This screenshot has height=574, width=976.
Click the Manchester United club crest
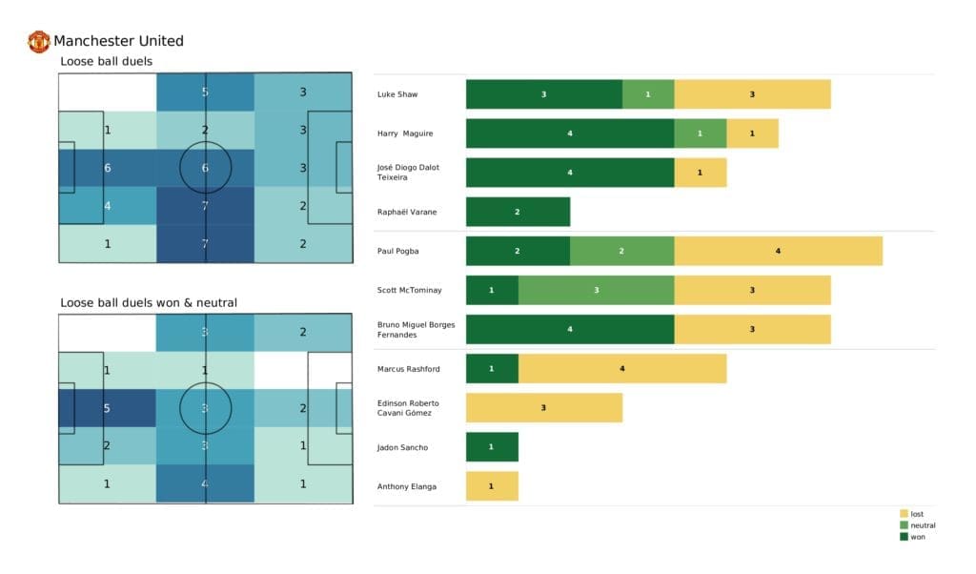(x=39, y=41)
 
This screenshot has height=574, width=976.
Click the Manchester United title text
(x=118, y=41)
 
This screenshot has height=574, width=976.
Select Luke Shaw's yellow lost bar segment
(x=752, y=94)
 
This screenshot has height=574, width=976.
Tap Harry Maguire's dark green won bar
(x=569, y=133)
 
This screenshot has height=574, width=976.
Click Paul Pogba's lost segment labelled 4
(x=778, y=251)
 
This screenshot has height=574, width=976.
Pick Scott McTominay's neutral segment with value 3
(x=596, y=290)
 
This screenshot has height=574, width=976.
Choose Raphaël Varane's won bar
(x=518, y=212)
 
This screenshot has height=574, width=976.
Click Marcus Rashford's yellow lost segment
(x=621, y=368)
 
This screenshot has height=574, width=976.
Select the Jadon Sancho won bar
(x=492, y=447)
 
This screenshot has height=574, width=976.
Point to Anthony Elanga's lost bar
(x=492, y=486)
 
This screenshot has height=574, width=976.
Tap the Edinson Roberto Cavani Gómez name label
(x=409, y=407)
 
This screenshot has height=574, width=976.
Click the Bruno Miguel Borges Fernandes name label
(x=416, y=329)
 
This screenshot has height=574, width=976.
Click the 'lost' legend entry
(x=916, y=514)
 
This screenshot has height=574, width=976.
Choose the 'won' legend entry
(x=916, y=537)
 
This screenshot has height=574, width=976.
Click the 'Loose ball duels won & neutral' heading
(x=148, y=303)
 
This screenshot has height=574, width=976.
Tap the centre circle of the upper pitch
(x=205, y=168)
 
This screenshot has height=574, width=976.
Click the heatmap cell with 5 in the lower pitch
(x=108, y=409)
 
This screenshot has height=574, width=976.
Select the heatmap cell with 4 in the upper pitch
(x=108, y=205)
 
